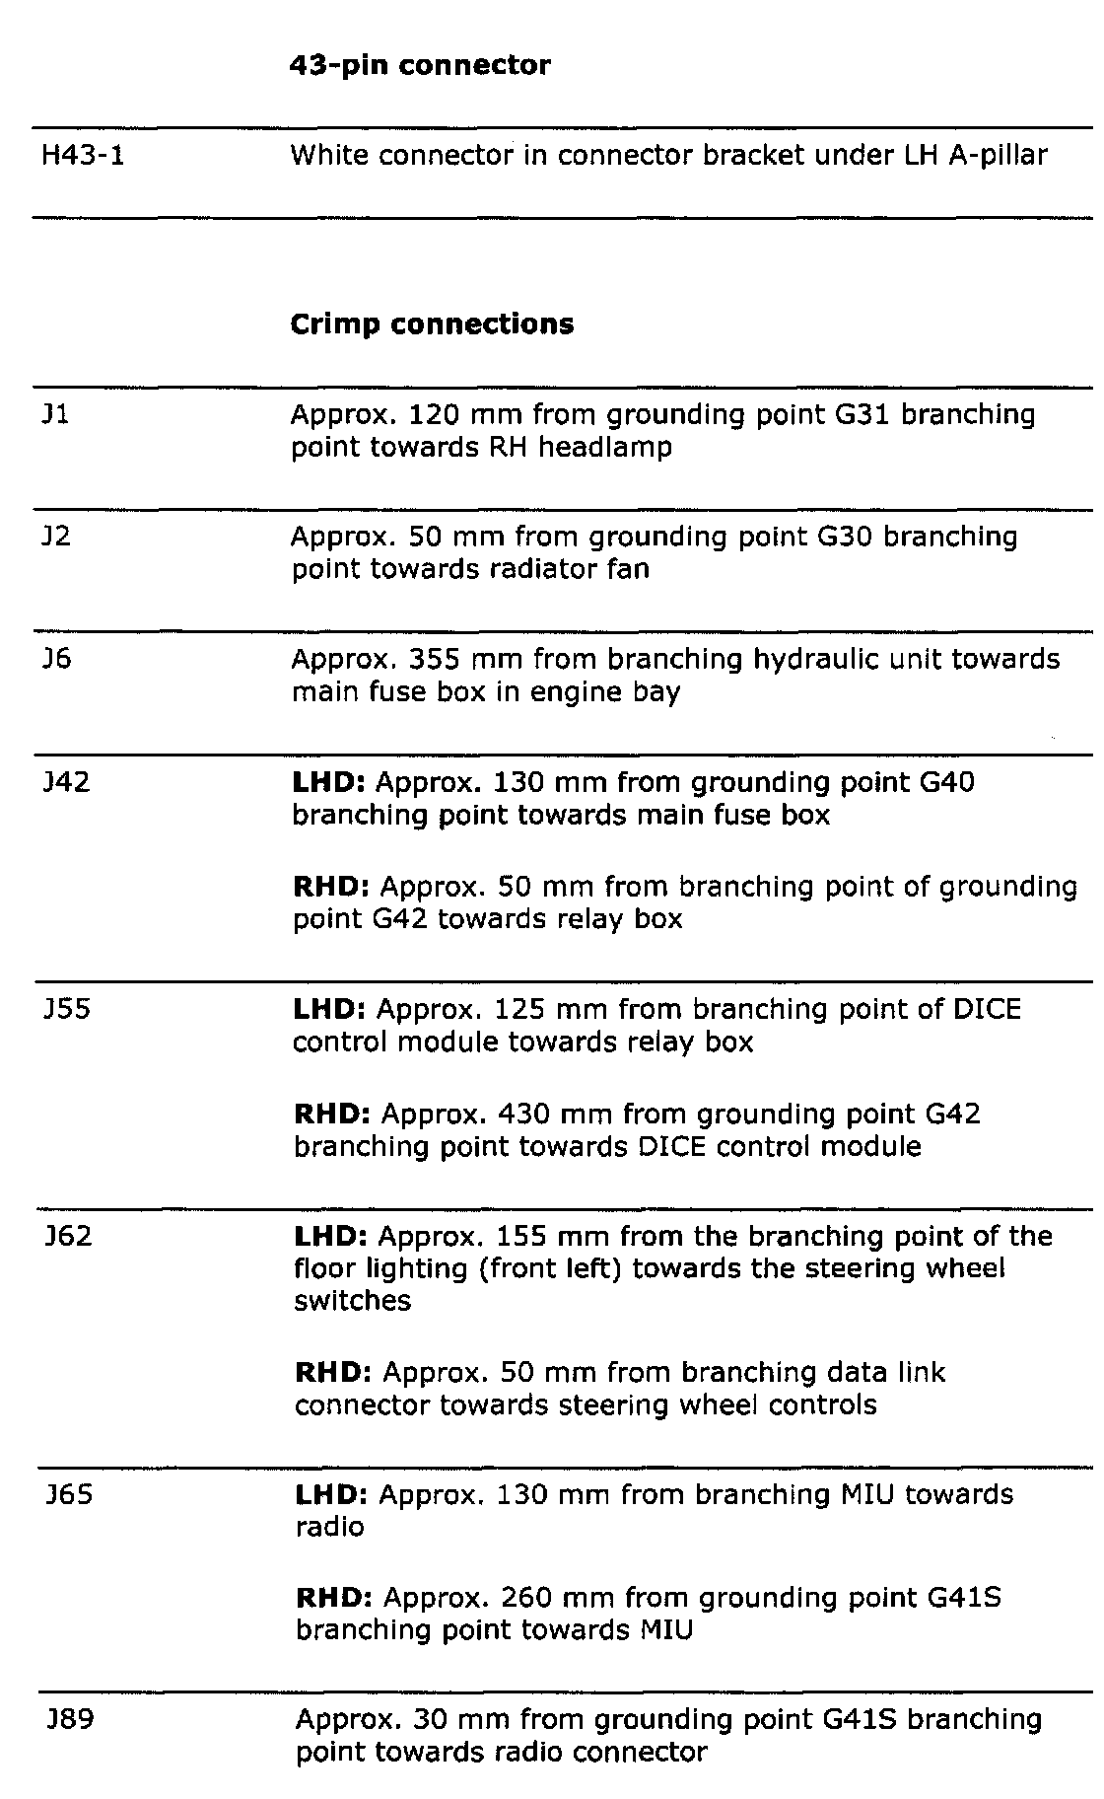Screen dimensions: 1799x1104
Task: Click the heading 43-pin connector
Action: [420, 66]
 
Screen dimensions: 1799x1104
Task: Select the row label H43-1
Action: [83, 156]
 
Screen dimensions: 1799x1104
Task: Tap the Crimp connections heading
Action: [432, 324]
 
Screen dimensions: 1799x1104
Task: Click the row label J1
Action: [56, 414]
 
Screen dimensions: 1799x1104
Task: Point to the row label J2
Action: [57, 537]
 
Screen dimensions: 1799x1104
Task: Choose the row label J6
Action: [57, 659]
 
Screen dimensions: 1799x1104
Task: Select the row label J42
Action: [66, 782]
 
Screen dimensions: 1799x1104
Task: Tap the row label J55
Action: [67, 1009]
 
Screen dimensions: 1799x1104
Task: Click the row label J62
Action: [68, 1236]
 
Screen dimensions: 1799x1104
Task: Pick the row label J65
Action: [68, 1494]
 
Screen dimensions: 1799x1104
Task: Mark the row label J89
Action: [69, 1720]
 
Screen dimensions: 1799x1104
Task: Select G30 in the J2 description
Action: [845, 537]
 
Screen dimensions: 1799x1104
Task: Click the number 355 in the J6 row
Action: [435, 659]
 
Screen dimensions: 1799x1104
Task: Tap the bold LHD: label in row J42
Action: [329, 783]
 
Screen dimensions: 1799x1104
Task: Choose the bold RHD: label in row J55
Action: [332, 1115]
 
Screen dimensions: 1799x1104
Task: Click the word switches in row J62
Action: [352, 1301]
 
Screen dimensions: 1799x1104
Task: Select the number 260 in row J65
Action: [527, 1598]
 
